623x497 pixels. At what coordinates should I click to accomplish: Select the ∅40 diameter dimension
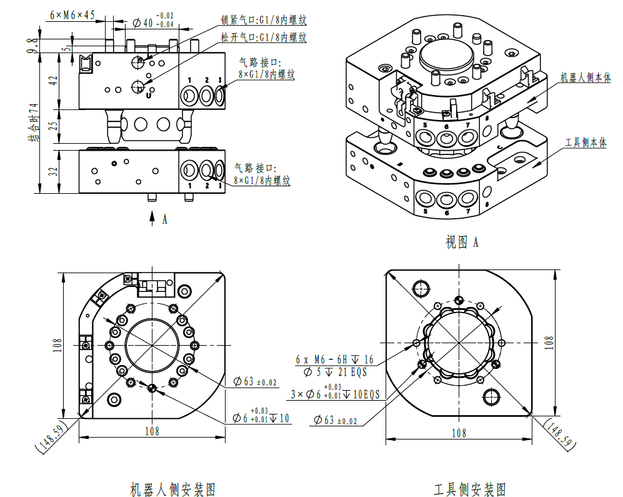click(154, 23)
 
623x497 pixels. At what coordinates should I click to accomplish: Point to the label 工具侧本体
click(585, 143)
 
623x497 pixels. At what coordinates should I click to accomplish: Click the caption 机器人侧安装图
click(172, 488)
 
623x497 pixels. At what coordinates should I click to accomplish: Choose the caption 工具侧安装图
click(470, 488)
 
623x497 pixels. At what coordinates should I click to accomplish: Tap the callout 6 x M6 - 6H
click(334, 359)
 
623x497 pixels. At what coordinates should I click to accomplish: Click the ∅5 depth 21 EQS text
click(335, 372)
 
